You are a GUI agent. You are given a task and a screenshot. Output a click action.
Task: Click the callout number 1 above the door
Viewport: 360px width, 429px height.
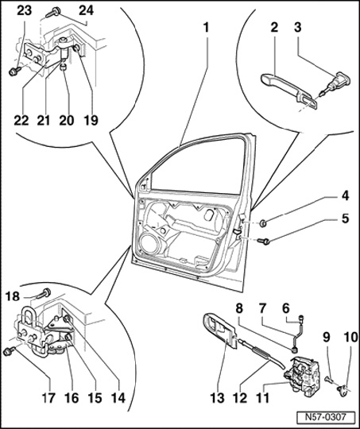pyautogui.click(x=206, y=28)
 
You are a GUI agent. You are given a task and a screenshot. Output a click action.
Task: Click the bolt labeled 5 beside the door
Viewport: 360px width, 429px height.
pyautogui.click(x=263, y=241)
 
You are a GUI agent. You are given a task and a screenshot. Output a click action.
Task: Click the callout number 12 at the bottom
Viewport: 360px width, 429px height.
pyautogui.click(x=241, y=397)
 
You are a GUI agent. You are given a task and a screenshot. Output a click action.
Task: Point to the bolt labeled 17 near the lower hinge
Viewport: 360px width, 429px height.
pyautogui.click(x=10, y=351)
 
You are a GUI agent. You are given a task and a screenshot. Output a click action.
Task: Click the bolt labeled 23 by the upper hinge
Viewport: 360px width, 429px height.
pyautogui.click(x=14, y=71)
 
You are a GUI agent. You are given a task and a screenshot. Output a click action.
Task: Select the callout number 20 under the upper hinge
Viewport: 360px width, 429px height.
pyautogui.click(x=67, y=120)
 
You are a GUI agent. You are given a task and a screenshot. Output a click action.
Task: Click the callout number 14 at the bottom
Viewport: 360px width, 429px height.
pyautogui.click(x=118, y=397)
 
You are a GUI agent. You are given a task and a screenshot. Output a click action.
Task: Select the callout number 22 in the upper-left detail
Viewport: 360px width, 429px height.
pyautogui.click(x=21, y=120)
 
